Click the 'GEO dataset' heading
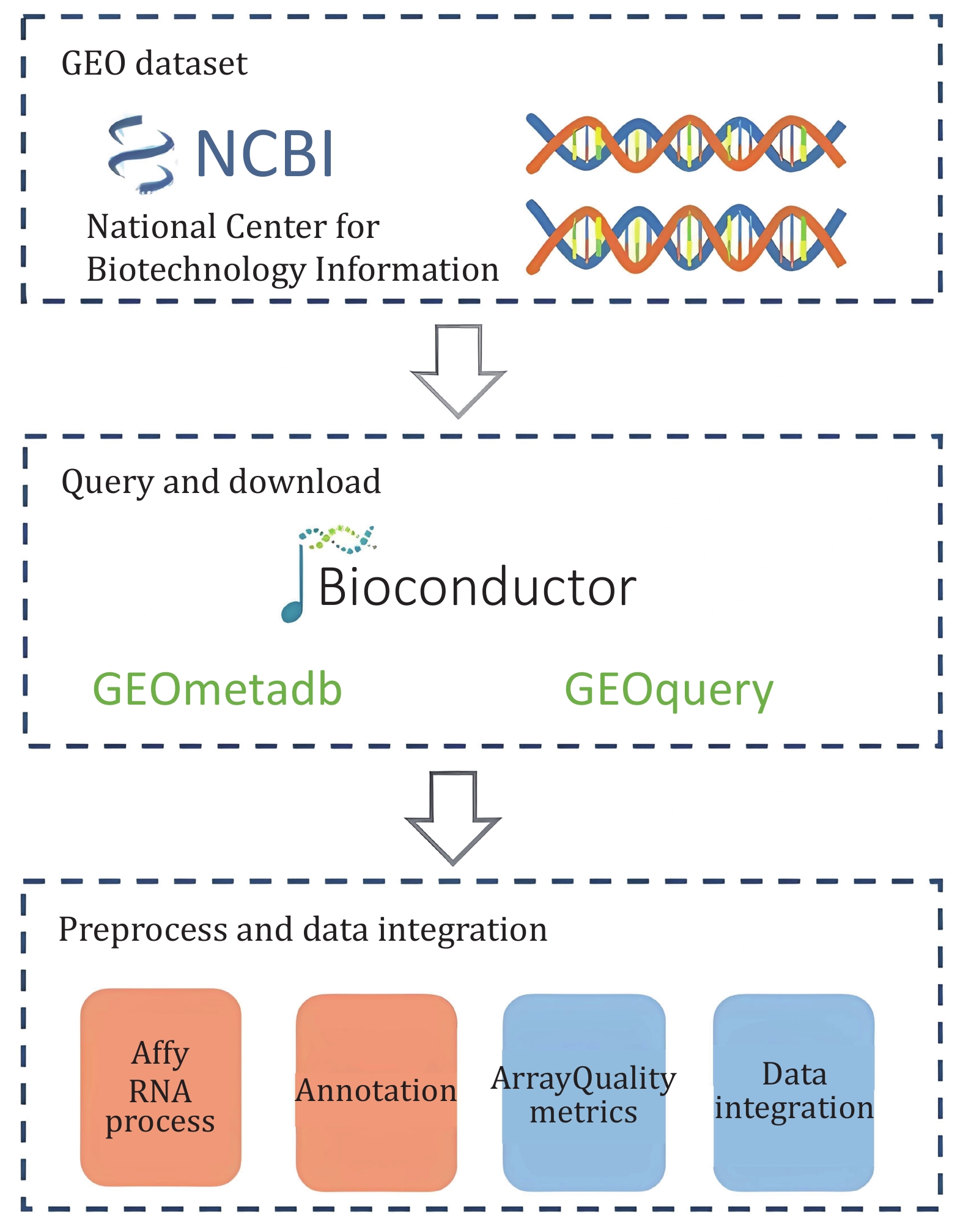click(x=154, y=64)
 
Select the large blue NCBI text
click(x=265, y=154)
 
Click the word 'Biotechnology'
click(x=196, y=270)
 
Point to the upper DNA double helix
click(x=685, y=143)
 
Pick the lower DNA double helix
click(x=685, y=237)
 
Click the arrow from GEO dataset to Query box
click(x=458, y=371)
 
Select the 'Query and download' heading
click(x=221, y=482)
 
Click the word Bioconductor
click(x=478, y=587)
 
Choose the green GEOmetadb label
click(x=217, y=689)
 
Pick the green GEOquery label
click(x=669, y=691)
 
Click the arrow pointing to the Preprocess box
click(x=453, y=818)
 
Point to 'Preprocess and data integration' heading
click(x=303, y=930)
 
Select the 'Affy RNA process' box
click(x=161, y=1088)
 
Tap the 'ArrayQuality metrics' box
click(x=584, y=1092)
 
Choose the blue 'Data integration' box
click(x=794, y=1092)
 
